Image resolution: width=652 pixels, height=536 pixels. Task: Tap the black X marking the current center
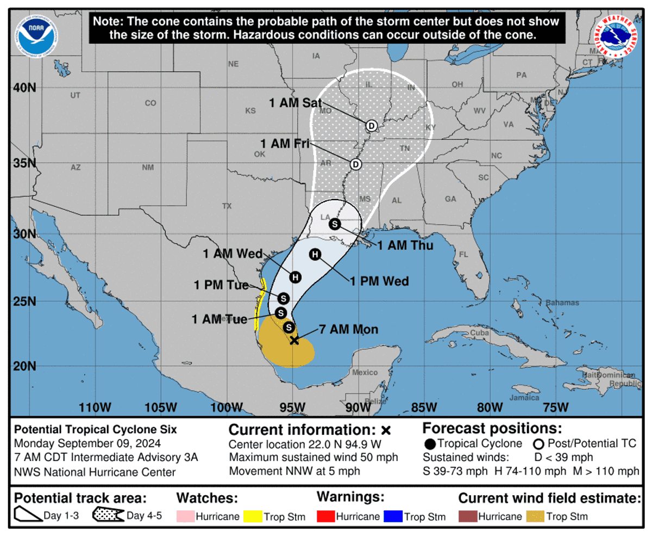(294, 340)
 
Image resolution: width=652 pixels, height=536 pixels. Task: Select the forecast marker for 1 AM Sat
(371, 126)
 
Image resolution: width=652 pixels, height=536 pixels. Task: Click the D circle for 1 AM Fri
(355, 164)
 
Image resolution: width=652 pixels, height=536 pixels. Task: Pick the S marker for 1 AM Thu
(335, 224)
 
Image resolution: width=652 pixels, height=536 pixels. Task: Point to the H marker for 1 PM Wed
(315, 254)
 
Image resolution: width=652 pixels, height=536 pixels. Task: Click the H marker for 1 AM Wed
(295, 277)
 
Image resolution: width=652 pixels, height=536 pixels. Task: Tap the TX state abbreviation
(227, 206)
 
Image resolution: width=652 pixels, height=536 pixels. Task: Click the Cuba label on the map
(477, 332)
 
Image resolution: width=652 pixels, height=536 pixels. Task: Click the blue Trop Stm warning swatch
(395, 516)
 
